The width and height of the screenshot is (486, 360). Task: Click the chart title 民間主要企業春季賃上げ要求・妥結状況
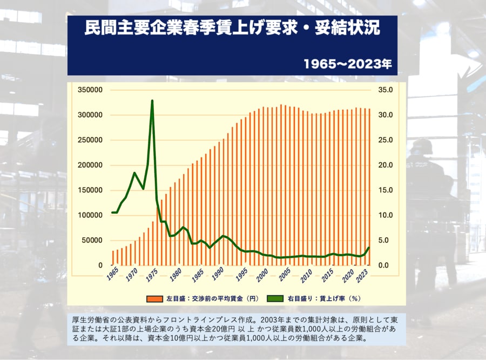pyautogui.click(x=232, y=29)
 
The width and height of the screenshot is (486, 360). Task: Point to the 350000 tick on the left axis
pyautogui.click(x=90, y=90)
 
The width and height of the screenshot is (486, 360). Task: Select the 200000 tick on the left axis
pyautogui.click(x=90, y=165)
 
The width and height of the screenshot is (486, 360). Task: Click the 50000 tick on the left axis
pyautogui.click(x=92, y=240)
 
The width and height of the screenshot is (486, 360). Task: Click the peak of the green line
pyautogui.click(x=152, y=101)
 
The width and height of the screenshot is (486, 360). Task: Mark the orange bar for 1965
pyautogui.click(x=113, y=258)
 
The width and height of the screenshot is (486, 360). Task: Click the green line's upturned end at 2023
pyautogui.click(x=369, y=248)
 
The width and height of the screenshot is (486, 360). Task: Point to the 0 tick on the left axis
pyautogui.click(x=100, y=265)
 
